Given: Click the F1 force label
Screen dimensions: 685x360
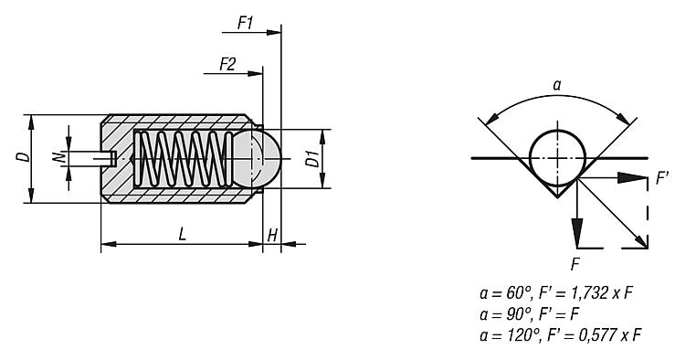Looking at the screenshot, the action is pos(246,23).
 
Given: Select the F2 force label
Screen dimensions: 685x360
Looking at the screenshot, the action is pos(227,64).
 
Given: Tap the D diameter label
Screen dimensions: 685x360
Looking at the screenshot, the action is pos(25,157).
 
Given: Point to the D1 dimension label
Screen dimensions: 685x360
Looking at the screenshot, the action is pos(312,159).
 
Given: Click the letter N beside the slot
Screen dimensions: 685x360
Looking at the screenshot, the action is pos(58,158).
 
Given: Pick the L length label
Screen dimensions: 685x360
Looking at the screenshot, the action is pos(182,234).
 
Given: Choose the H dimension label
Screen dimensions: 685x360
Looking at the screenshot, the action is pos(272,236).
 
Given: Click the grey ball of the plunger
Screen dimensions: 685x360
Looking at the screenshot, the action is pos(257,158).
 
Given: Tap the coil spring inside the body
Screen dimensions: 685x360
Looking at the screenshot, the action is pos(183,159).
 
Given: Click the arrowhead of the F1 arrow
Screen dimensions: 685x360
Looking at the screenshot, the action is pos(273,32).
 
